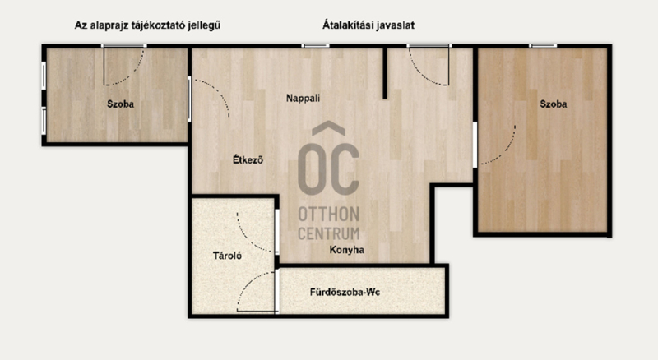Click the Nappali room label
tap(303, 98)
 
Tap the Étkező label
tap(248, 159)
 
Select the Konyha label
tap(346, 250)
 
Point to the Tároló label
tap(227, 255)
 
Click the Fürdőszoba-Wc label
tap(345, 292)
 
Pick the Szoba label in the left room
tap(120, 104)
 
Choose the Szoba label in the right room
tap(553, 104)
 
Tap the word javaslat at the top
tap(396, 25)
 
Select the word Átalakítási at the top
tap(348, 25)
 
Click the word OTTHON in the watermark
tap(328, 215)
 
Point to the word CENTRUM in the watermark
tap(328, 233)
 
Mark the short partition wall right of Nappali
tap(385, 73)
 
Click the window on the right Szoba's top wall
tap(543, 45)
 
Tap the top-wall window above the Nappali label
tap(315, 45)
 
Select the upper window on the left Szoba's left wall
tap(44, 76)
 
